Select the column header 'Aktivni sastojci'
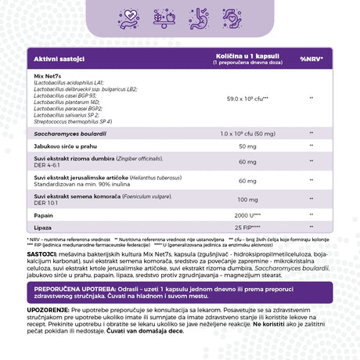[52, 59]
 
